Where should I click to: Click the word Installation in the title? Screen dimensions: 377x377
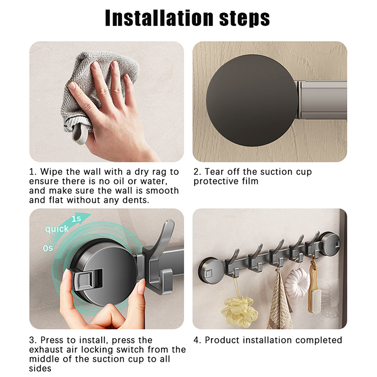click(159, 18)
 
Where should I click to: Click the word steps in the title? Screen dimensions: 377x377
click(245, 19)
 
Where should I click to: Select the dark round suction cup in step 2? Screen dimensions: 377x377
click(252, 100)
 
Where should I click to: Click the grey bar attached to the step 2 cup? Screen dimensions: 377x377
click(322, 100)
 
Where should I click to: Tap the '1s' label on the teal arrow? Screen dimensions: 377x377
click(76, 219)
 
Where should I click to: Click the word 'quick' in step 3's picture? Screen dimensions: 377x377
click(57, 229)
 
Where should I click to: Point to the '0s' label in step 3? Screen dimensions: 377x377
click(48, 248)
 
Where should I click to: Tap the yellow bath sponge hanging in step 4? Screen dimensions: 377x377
click(239, 311)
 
